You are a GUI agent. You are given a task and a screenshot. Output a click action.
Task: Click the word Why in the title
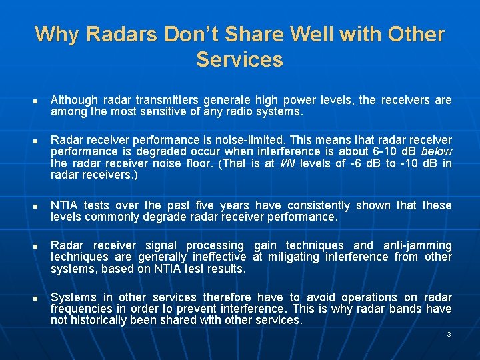tap(56, 34)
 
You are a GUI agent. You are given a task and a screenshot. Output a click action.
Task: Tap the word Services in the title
tap(239, 60)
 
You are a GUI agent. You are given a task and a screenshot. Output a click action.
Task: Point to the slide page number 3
tap(449, 334)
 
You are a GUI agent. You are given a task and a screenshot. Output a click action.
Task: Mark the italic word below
tap(437, 152)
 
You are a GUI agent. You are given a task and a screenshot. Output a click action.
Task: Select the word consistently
tap(314, 205)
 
